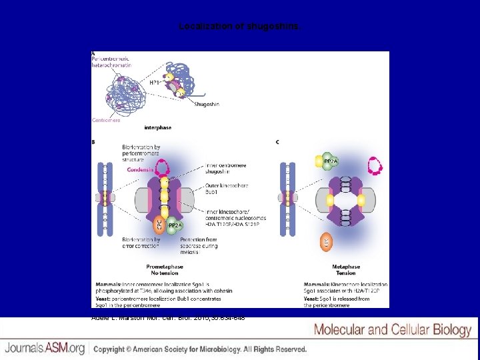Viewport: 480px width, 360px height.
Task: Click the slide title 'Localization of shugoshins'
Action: click(240, 27)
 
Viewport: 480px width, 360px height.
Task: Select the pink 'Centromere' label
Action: click(106, 121)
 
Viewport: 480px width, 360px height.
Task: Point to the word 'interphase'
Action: click(158, 127)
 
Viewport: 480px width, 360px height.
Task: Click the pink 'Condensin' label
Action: click(137, 169)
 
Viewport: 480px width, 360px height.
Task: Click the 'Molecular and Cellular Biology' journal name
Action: click(393, 329)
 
